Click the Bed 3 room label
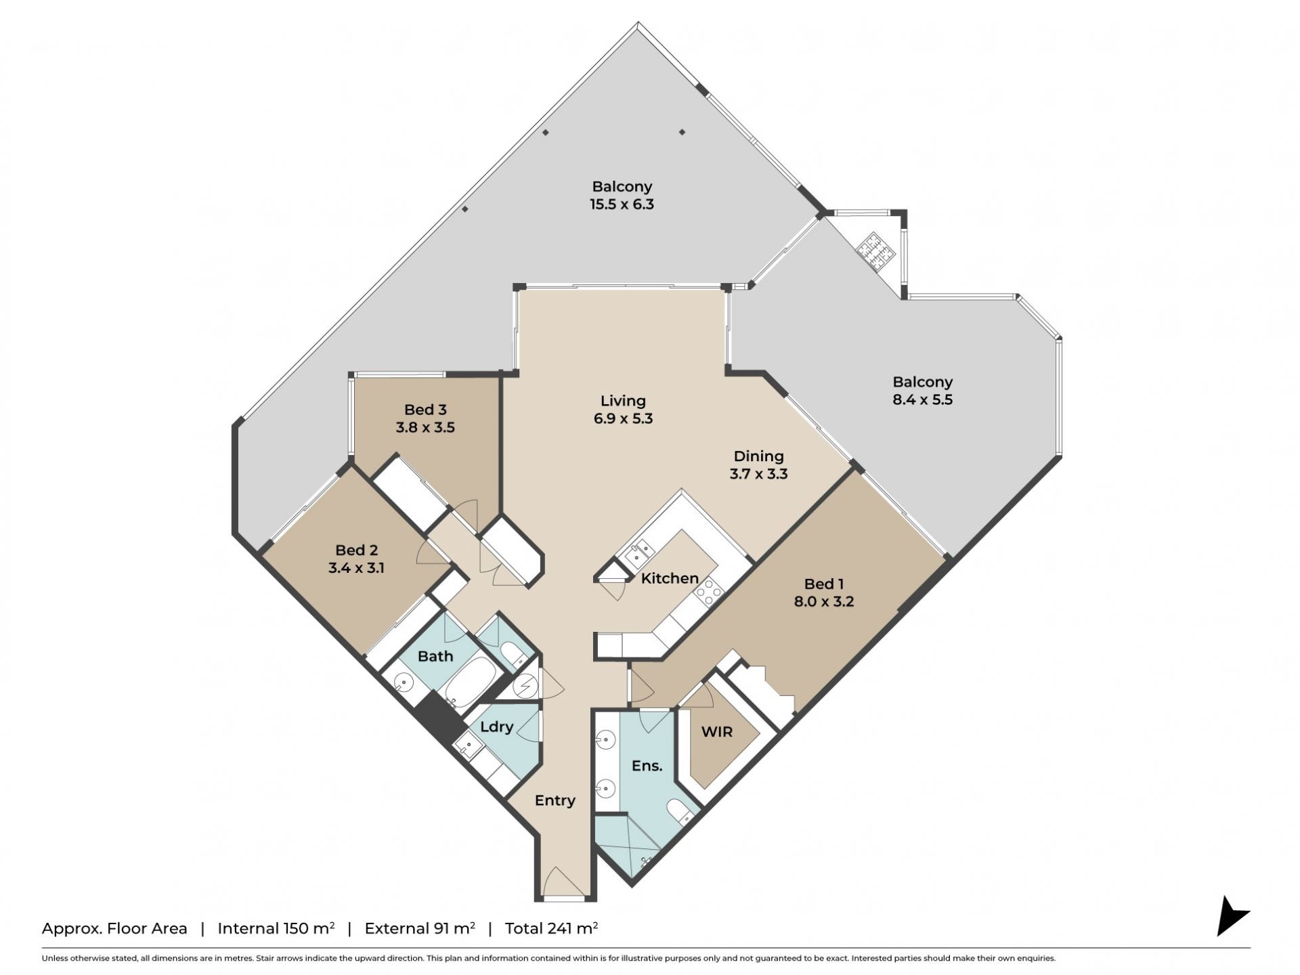[x=425, y=410]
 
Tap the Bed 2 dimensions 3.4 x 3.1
[x=356, y=568]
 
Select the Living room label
[x=623, y=401]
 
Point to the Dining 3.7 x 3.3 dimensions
[x=758, y=474]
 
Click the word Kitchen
[x=670, y=578]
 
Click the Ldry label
[x=497, y=727]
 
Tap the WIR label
[x=716, y=732]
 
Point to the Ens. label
[x=647, y=766]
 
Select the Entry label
[x=555, y=800]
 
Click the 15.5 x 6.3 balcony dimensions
[x=622, y=204]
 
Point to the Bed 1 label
[x=824, y=584]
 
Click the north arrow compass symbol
[x=1231, y=916]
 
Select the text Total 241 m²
[x=551, y=928]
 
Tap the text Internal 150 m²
[x=276, y=928]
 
